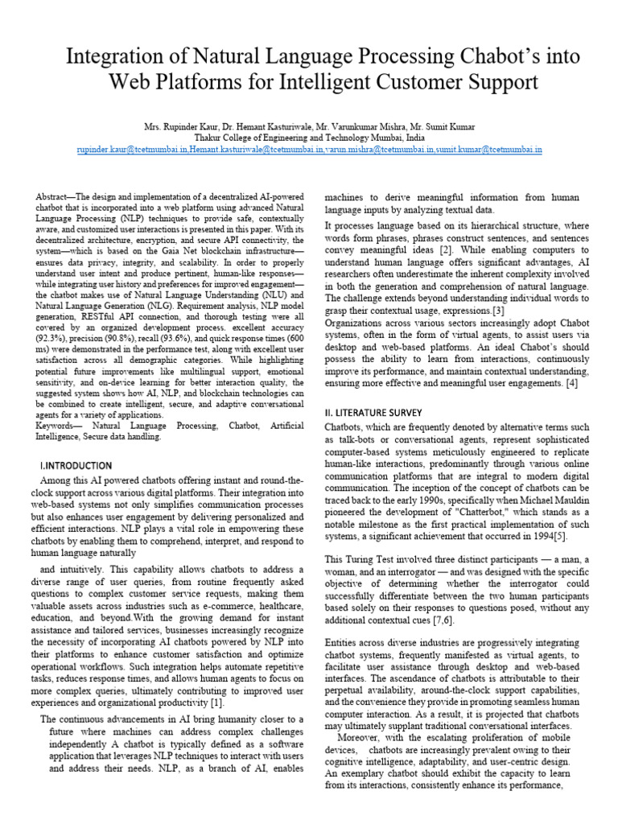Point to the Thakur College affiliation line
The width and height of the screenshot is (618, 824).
pyautogui.click(x=309, y=138)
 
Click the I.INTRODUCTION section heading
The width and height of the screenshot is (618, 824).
pyautogui.click(x=76, y=466)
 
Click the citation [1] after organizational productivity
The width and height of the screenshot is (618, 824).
pyautogui.click(x=216, y=702)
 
